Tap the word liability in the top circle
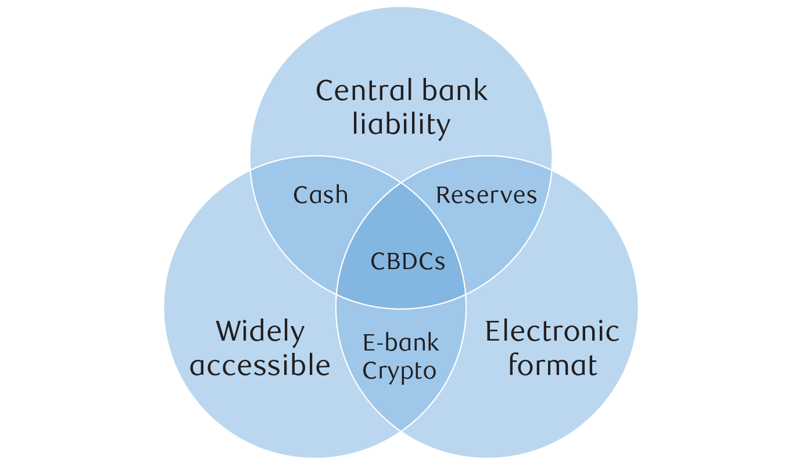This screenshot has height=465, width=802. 401,124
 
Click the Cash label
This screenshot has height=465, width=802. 321,195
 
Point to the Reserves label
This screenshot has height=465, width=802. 486,195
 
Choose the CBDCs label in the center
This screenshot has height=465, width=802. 408,262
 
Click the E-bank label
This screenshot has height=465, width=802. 401,343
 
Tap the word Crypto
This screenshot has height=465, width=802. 399,371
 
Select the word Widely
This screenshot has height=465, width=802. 260,332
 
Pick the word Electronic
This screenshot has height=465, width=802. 552,331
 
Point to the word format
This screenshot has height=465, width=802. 552,366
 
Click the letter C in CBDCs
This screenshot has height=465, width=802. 378,262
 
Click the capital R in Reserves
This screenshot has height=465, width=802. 443,195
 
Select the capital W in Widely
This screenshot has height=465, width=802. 228,332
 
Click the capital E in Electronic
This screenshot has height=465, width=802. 492,331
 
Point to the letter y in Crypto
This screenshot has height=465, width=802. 394,374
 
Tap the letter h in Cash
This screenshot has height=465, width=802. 341,195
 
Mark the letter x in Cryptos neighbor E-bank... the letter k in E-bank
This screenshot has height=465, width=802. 432,343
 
